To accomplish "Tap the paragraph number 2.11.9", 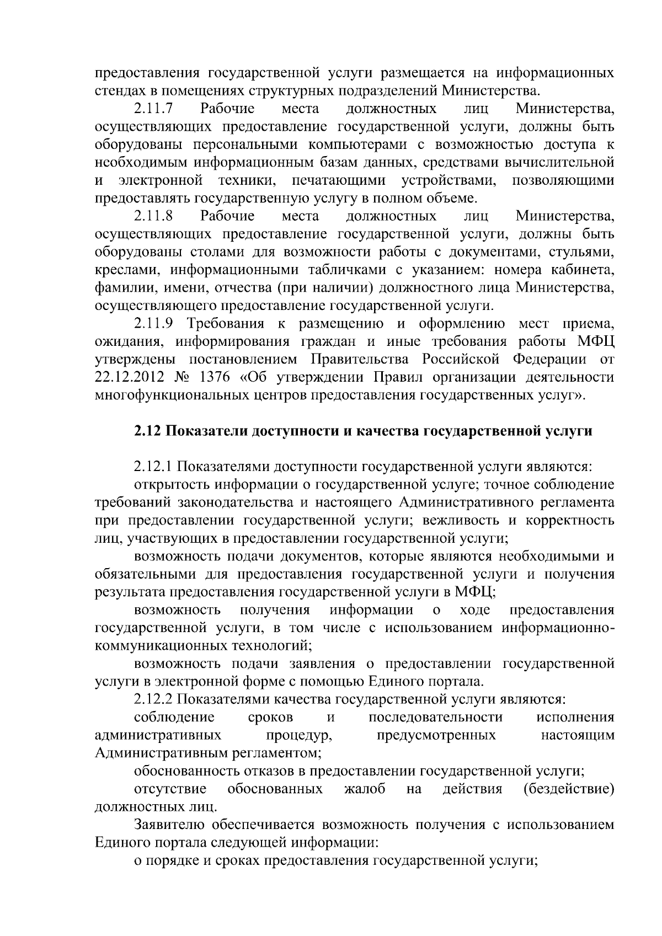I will point(154,323).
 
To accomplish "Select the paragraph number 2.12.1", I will point(154,467).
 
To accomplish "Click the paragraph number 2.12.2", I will point(154,700).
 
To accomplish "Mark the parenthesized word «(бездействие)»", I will point(568,789).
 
